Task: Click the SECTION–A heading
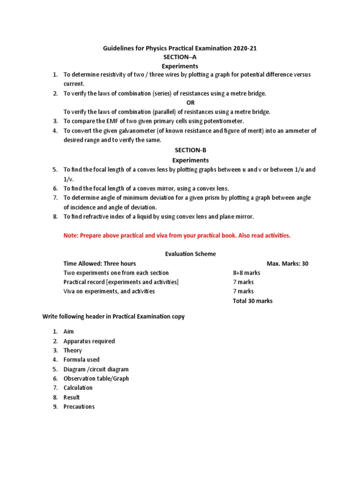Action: tap(180, 57)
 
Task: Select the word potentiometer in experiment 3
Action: tap(222, 121)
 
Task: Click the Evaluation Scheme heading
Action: tap(190, 254)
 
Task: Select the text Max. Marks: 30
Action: tap(287, 263)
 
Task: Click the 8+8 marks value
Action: tap(247, 273)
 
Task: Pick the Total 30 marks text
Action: tap(253, 301)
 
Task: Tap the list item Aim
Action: tap(68, 332)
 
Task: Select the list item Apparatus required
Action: tap(89, 341)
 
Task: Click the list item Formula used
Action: tap(82, 360)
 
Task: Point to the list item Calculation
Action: tap(78, 388)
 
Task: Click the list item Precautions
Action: tap(79, 407)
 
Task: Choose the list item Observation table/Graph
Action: tap(96, 379)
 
